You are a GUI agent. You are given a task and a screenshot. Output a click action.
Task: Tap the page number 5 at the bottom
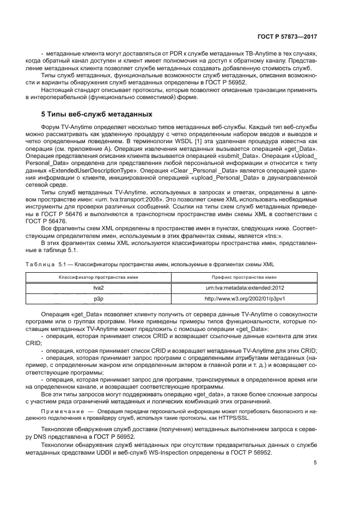pyautogui.click(x=315, y=463)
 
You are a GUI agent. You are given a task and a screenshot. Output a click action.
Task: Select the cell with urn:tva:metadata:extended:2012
pyautogui.click(x=245, y=287)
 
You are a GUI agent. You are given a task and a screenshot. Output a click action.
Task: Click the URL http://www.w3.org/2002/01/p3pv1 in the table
pyautogui.click(x=245, y=298)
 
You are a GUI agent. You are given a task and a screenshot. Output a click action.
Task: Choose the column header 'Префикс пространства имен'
pyautogui.click(x=245, y=277)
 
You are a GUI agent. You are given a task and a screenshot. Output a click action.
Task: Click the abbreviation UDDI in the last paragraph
pyautogui.click(x=138, y=452)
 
